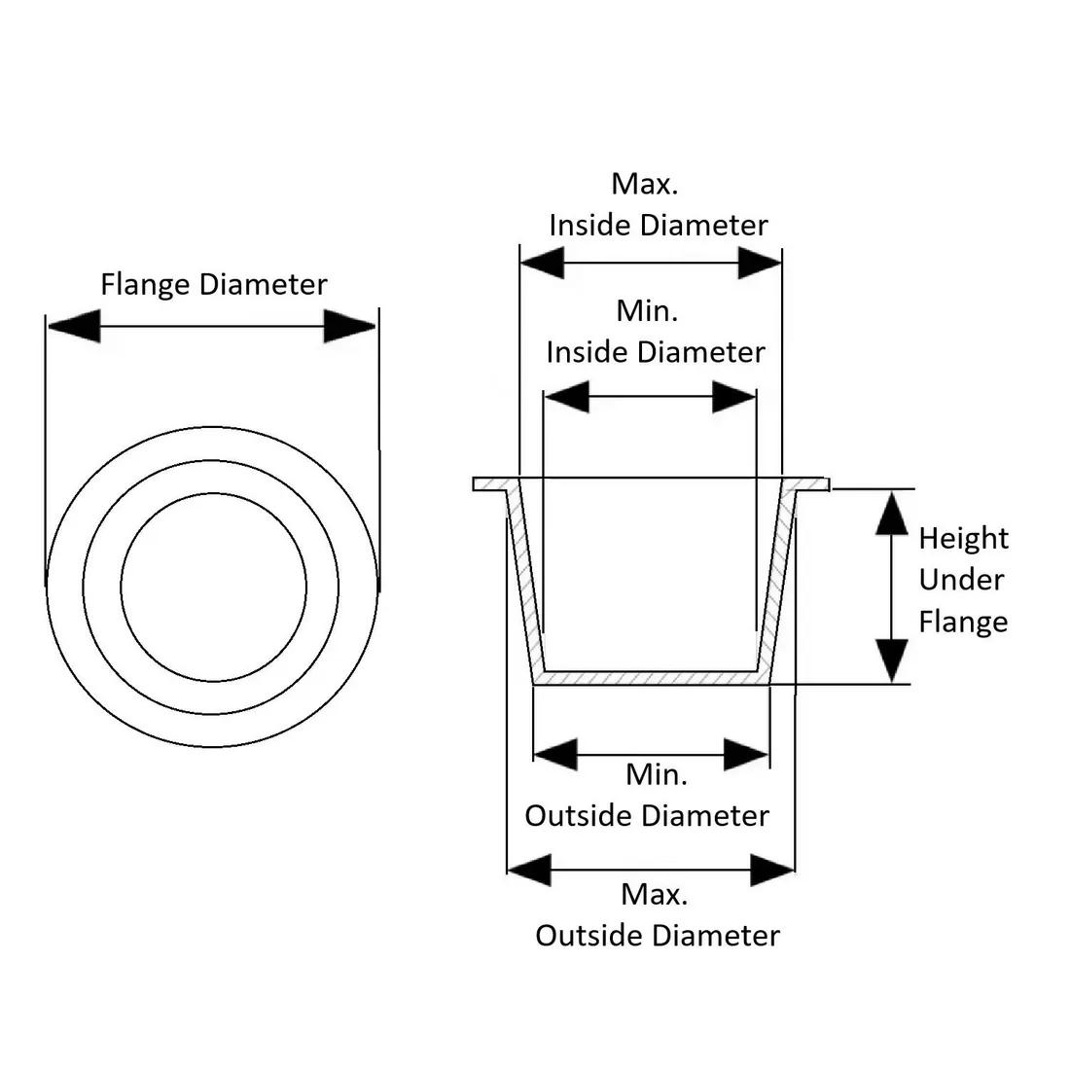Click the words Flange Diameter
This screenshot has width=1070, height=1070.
(214, 285)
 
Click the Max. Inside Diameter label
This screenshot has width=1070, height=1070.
(658, 204)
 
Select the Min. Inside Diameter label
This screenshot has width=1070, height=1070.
(656, 332)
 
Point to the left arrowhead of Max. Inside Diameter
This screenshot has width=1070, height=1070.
(543, 263)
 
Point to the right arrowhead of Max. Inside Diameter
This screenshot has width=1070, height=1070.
(760, 263)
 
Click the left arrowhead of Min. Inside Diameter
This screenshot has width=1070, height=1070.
(567, 396)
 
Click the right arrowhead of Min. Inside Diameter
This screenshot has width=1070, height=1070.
(734, 396)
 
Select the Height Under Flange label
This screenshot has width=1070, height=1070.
(963, 580)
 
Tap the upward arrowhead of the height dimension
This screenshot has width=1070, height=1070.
(892, 514)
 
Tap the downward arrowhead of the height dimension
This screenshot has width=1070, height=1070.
(892, 660)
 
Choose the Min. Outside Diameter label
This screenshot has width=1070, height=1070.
(648, 796)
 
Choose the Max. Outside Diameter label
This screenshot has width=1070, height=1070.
(658, 915)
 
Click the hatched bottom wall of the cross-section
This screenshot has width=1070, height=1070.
(652, 678)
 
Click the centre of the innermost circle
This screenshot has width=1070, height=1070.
(214, 588)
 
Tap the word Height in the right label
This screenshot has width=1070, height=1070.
(963, 538)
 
